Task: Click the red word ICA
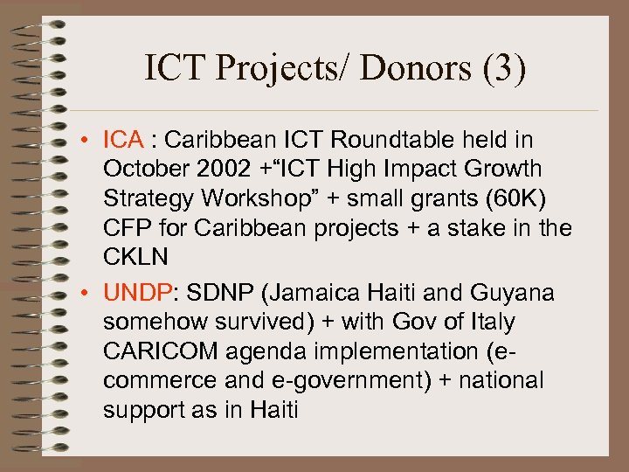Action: pos(123,140)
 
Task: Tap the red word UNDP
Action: pos(133,292)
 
